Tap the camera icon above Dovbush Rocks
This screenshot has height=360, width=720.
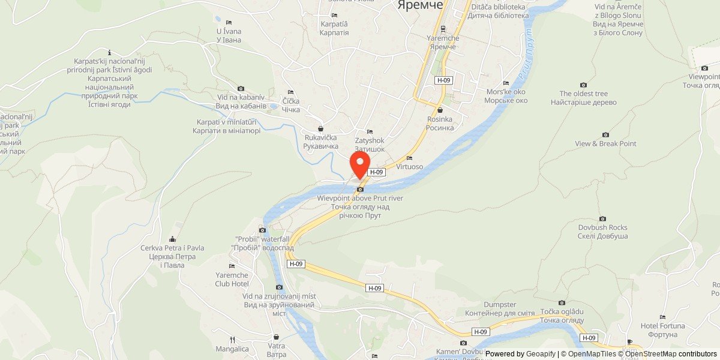click(x=602, y=219)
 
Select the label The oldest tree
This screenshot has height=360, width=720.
click(x=583, y=94)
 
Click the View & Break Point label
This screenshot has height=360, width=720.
click(x=605, y=144)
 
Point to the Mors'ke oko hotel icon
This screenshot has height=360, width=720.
click(x=506, y=83)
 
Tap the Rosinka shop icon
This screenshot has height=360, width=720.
click(x=440, y=110)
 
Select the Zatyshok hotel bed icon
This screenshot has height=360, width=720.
click(x=370, y=132)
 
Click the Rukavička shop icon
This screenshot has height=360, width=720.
click(x=320, y=128)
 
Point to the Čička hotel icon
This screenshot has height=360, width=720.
click(x=290, y=92)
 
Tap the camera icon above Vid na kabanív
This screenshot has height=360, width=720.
click(x=241, y=89)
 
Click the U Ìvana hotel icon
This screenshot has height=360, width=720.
click(x=229, y=22)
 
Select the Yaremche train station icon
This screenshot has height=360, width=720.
click(x=443, y=28)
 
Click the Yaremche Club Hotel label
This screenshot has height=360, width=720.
click(x=232, y=279)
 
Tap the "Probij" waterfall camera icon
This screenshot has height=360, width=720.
click(x=262, y=230)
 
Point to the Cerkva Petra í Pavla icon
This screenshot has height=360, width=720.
click(x=173, y=239)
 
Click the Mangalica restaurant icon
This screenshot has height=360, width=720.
click(x=232, y=340)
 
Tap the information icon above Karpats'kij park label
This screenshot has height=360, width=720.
click(x=109, y=52)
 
